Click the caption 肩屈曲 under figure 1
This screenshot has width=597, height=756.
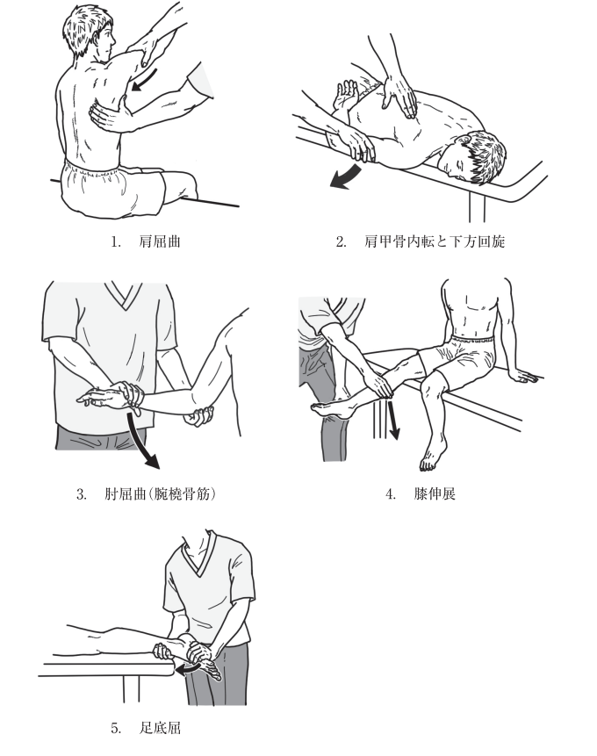click(160, 241)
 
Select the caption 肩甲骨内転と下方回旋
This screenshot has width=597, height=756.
click(435, 241)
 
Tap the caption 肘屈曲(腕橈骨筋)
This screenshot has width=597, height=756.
click(160, 494)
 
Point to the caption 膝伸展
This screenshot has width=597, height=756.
click(435, 494)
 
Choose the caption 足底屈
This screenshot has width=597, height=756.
click(160, 728)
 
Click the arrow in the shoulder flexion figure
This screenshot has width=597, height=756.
click(145, 80)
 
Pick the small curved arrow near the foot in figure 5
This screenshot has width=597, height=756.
click(188, 669)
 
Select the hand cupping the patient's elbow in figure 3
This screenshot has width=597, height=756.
click(198, 416)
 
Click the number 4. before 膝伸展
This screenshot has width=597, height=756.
click(391, 494)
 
